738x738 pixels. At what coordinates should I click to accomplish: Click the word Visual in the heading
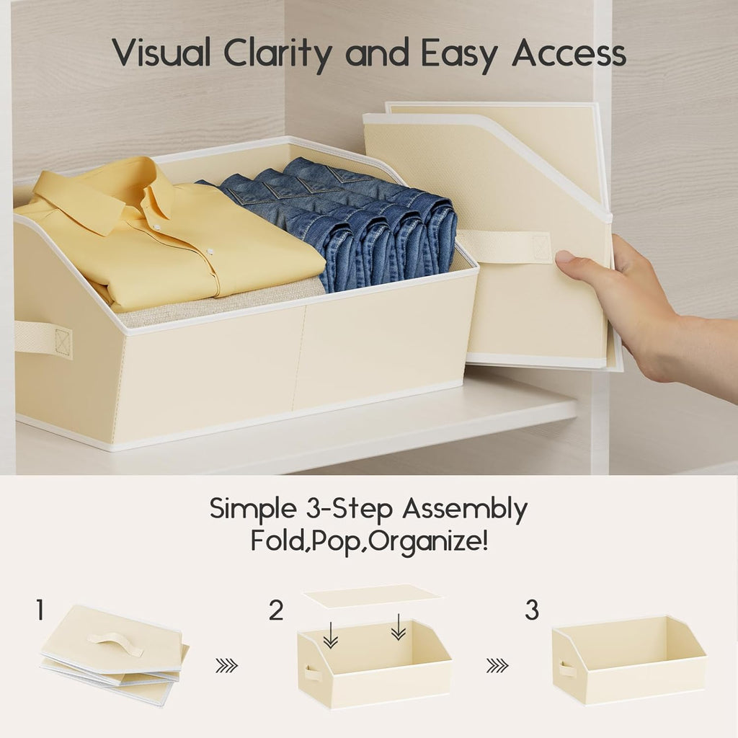tap(162, 53)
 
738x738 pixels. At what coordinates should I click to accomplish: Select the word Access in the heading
tap(569, 53)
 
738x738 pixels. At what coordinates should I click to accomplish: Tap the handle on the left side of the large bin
tap(43, 338)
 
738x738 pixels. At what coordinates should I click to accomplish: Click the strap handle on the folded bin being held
tap(504, 246)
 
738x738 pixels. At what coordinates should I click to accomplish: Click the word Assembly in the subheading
tap(464, 509)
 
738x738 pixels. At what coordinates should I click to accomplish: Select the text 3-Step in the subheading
tap(345, 509)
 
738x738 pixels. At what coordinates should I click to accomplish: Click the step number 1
tap(40, 611)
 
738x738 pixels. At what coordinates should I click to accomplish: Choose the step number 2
tap(276, 611)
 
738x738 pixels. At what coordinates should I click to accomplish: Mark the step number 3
tap(531, 611)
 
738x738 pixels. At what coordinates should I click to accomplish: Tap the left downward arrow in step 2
tap(330, 634)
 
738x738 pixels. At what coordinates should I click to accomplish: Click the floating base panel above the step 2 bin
tap(371, 596)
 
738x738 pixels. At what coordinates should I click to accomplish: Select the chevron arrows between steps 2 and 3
tap(497, 665)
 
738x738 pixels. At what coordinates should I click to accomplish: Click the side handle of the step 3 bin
tap(568, 669)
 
